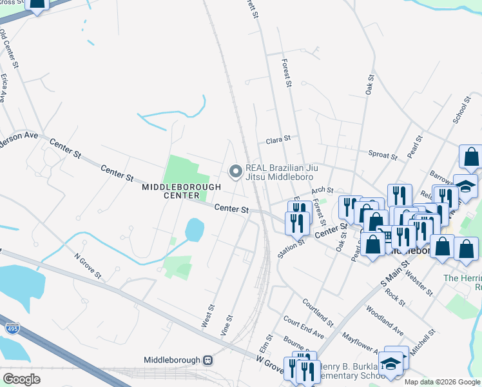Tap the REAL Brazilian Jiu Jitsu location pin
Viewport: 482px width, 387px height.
point(236,171)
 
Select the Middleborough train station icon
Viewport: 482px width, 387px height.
point(207,360)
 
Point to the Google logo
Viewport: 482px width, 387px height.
point(21,379)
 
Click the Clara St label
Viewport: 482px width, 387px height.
point(278,139)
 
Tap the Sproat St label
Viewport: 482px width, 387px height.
point(383,155)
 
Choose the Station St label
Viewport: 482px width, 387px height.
point(291,245)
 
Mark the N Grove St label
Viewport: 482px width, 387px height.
point(88,266)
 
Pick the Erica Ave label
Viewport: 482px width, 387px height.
point(5,88)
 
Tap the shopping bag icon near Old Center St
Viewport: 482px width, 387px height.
point(38,5)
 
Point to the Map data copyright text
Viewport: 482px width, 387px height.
point(441,382)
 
